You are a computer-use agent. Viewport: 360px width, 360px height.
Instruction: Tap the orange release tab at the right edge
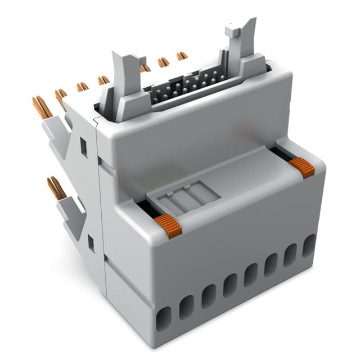tap(302, 167)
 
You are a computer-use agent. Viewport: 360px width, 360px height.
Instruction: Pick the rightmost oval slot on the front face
tap(309, 246)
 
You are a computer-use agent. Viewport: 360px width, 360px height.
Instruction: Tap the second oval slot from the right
tap(290, 255)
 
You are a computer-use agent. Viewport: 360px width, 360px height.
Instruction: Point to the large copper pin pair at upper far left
tap(43, 107)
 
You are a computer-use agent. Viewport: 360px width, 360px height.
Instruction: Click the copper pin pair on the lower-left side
tap(55, 188)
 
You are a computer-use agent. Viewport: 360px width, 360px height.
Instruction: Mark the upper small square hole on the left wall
tap(83, 147)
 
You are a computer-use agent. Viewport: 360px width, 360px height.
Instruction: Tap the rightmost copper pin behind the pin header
tap(182, 56)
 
